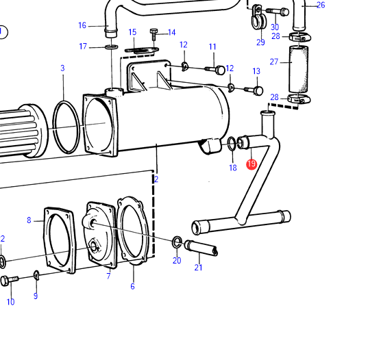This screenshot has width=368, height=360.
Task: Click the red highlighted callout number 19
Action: coord(252,164)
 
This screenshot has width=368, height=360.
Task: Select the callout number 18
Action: coord(233,168)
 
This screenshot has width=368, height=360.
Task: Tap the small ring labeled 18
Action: coord(232,144)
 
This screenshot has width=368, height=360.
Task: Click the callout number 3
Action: coord(62,68)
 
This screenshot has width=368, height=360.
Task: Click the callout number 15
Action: coord(132,32)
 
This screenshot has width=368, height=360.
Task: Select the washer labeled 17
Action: coord(112,47)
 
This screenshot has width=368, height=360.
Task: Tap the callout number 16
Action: coord(82,25)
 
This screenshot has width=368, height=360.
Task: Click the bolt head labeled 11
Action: coord(220,70)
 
